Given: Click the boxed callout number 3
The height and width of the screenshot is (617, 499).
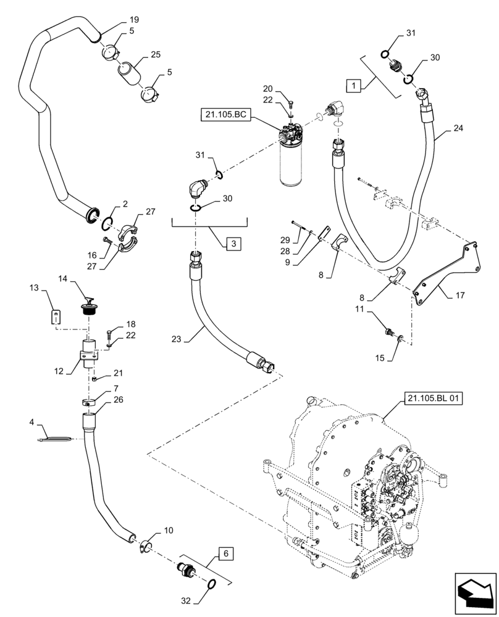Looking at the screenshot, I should click(x=233, y=244).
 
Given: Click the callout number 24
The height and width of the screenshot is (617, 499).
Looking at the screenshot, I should click(x=458, y=129).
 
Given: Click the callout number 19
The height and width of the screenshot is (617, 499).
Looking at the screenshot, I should click(x=117, y=20).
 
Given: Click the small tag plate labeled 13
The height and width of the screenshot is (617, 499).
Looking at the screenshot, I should click(x=56, y=317).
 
